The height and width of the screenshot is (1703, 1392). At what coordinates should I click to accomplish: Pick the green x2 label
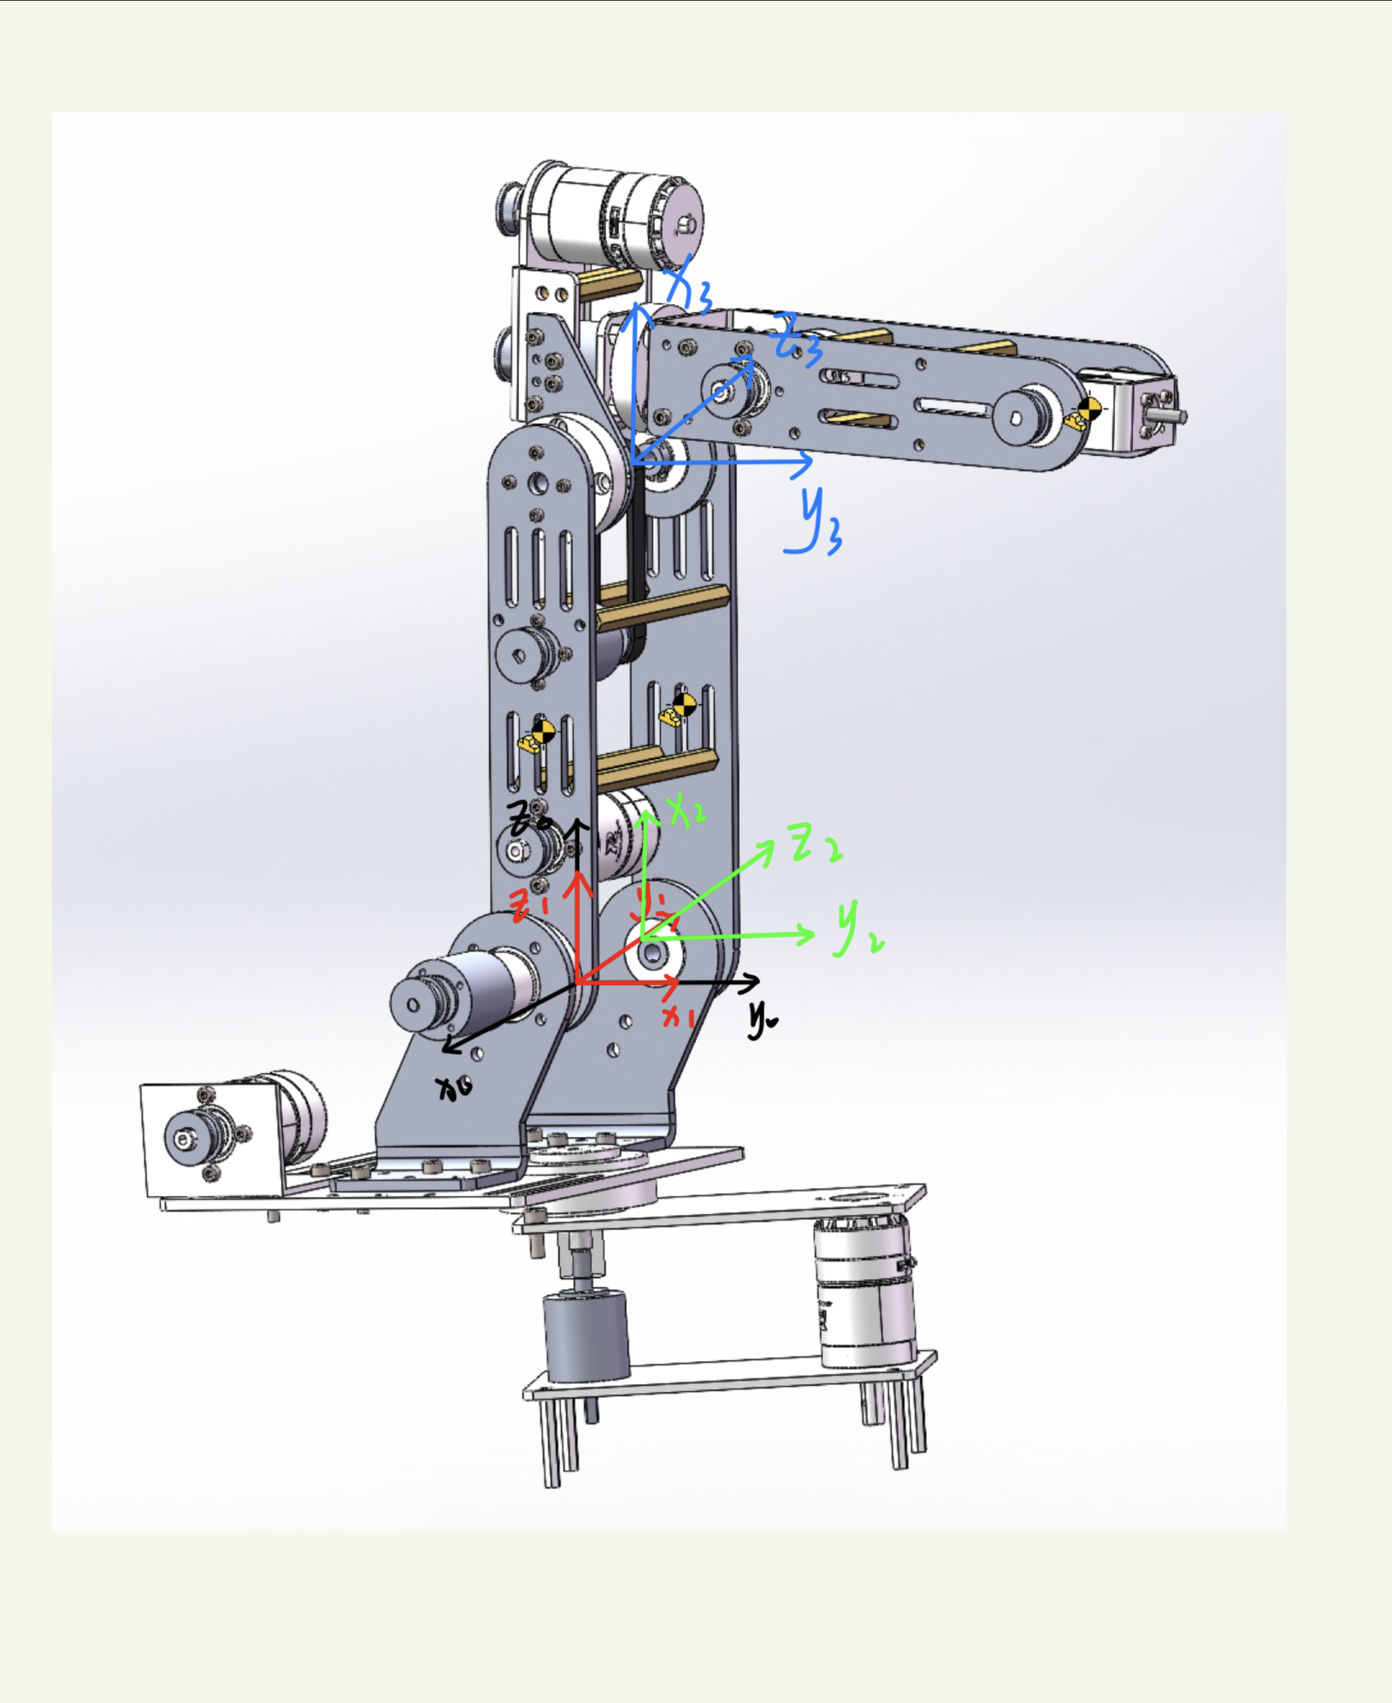click(x=687, y=810)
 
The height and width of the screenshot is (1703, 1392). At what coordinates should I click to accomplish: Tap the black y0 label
click(x=762, y=1018)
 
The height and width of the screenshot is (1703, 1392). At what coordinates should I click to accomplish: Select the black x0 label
click(x=453, y=1088)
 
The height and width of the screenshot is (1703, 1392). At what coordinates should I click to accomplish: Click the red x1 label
click(x=680, y=1016)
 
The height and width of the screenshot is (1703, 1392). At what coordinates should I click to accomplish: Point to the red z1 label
click(x=529, y=904)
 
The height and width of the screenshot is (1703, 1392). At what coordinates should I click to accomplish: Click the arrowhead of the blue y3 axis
click(x=805, y=463)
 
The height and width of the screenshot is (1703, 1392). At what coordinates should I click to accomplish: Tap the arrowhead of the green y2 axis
click(x=807, y=934)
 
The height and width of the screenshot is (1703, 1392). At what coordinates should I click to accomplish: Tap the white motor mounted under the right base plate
click(x=864, y=1291)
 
